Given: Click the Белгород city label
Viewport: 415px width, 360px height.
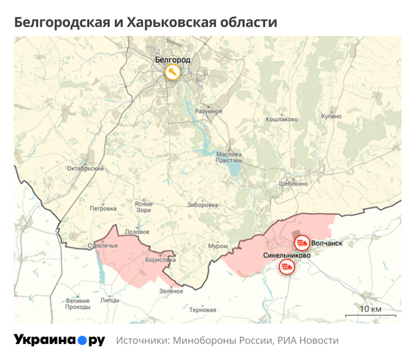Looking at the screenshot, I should (172, 60).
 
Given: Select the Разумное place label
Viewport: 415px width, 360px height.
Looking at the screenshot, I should (208, 111).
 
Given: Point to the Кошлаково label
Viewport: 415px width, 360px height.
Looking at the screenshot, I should (282, 120).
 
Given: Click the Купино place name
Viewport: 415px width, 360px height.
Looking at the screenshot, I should (331, 116).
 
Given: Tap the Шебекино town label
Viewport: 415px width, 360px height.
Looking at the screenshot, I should (293, 183).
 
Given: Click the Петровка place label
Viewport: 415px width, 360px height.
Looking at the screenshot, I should (103, 207).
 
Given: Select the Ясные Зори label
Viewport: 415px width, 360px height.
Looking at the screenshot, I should (143, 206).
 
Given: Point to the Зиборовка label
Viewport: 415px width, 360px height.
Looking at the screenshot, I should (202, 205).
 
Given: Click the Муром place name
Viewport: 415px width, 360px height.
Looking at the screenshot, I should (217, 246).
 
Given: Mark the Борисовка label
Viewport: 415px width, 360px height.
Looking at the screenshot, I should (161, 260).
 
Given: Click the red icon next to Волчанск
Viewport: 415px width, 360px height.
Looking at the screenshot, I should (302, 243).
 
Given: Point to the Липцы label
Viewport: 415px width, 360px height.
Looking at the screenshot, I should (109, 301).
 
